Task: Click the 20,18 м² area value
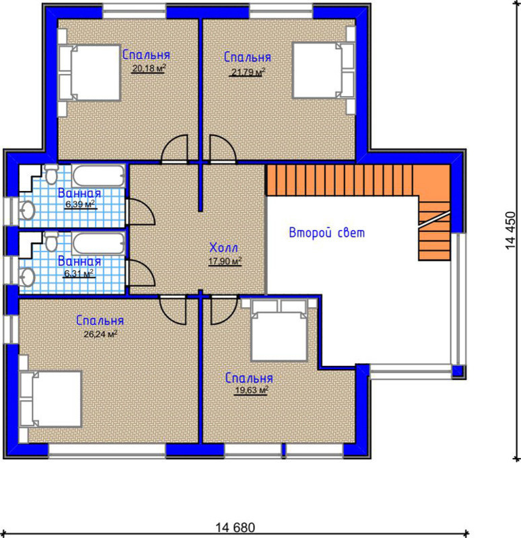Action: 149,69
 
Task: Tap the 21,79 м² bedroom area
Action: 248,72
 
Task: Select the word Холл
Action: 223,247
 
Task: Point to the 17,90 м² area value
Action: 225,261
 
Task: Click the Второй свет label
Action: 326,233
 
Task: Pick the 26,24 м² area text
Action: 100,334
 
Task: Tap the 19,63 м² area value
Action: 251,390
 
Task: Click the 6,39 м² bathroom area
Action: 80,204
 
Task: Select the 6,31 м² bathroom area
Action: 79,274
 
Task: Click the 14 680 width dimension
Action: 236,527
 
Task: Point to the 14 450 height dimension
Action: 511,231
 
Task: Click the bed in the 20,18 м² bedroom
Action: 90,73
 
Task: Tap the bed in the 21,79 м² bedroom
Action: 323,71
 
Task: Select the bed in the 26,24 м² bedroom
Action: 50,399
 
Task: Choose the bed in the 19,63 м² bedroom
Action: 279,330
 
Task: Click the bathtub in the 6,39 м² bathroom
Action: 98,176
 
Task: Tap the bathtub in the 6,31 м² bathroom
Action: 98,244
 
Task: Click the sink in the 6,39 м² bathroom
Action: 26,210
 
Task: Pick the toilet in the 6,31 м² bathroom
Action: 52,241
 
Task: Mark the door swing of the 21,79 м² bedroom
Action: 223,148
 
